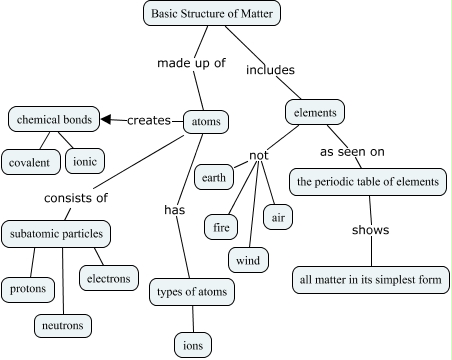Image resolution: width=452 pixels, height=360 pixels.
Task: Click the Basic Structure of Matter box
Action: (x=211, y=15)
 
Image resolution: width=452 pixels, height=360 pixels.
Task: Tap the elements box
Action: (x=316, y=112)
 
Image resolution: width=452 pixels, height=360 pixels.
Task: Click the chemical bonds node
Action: (x=54, y=120)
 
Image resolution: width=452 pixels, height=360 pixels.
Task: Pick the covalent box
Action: (x=32, y=161)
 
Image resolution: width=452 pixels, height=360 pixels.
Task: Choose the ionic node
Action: (x=84, y=160)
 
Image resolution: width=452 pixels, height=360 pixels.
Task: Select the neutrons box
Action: (x=62, y=325)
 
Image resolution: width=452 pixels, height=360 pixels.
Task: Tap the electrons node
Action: (x=107, y=278)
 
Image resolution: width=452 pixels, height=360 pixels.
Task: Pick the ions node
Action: (x=192, y=344)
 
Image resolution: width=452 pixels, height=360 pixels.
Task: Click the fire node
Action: (x=222, y=227)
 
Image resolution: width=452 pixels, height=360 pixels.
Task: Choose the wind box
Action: (x=247, y=261)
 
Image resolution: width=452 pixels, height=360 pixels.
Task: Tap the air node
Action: (x=277, y=214)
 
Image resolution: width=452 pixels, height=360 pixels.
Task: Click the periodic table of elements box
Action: (x=367, y=182)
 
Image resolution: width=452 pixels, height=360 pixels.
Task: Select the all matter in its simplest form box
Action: (x=370, y=279)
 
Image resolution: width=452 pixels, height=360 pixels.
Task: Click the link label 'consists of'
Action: (x=75, y=197)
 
